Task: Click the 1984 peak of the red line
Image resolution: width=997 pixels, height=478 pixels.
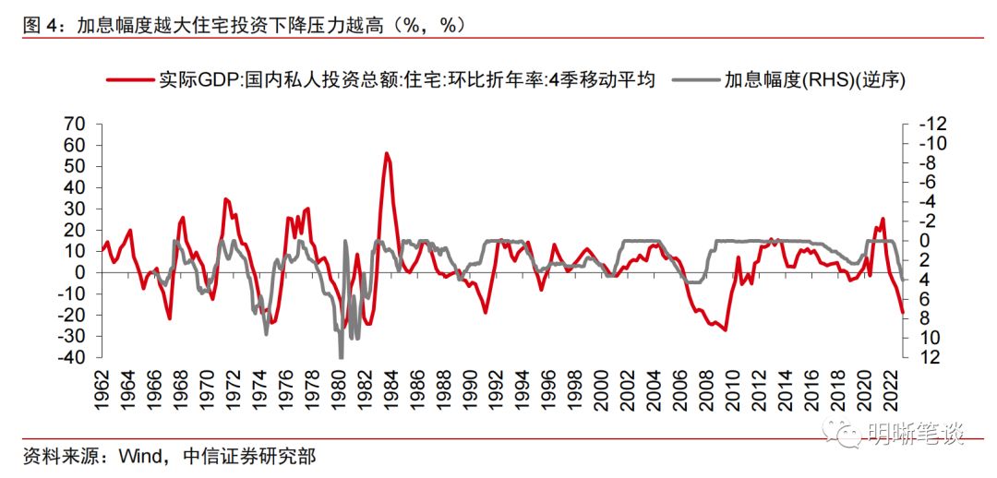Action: [x=386, y=153]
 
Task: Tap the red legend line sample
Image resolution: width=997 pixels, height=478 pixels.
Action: [x=130, y=80]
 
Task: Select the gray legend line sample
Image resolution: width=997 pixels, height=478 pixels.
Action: [x=695, y=80]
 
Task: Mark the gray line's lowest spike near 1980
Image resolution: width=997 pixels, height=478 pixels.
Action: [x=342, y=357]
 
